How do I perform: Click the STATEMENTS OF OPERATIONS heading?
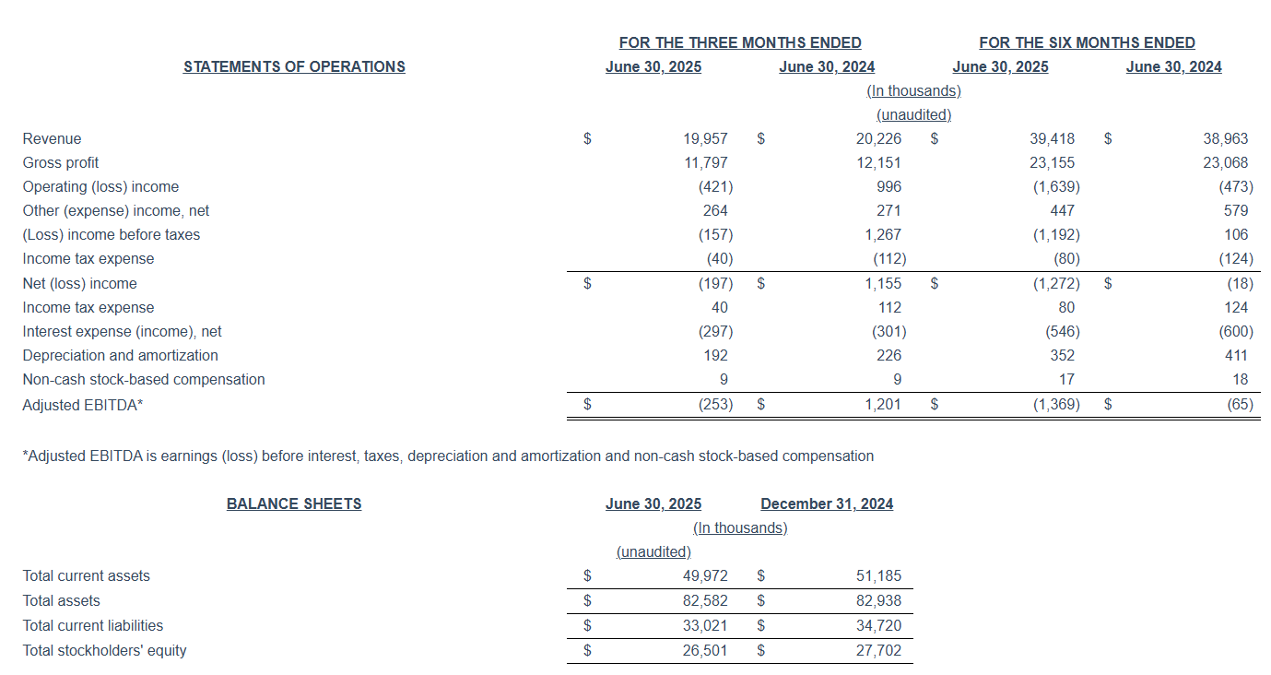pyautogui.click(x=294, y=66)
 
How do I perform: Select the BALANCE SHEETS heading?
pyautogui.click(x=294, y=503)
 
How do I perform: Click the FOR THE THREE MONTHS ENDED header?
pyautogui.click(x=740, y=42)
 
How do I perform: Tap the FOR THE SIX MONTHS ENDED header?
pyautogui.click(x=1087, y=42)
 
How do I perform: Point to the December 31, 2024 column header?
pyautogui.click(x=827, y=503)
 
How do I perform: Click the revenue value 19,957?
pyautogui.click(x=705, y=138)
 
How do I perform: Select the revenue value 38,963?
pyautogui.click(x=1226, y=138)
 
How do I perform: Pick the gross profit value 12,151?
pyautogui.click(x=878, y=162)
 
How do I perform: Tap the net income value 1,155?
pyautogui.click(x=883, y=283)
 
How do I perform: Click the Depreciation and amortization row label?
pyautogui.click(x=121, y=355)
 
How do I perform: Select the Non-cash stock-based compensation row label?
pyautogui.click(x=144, y=379)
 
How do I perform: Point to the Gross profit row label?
pyautogui.click(x=61, y=162)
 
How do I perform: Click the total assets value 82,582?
pyautogui.click(x=705, y=600)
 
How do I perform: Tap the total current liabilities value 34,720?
pyautogui.click(x=878, y=625)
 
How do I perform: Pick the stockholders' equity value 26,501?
pyautogui.click(x=705, y=650)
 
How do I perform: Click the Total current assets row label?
pyautogui.click(x=87, y=575)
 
